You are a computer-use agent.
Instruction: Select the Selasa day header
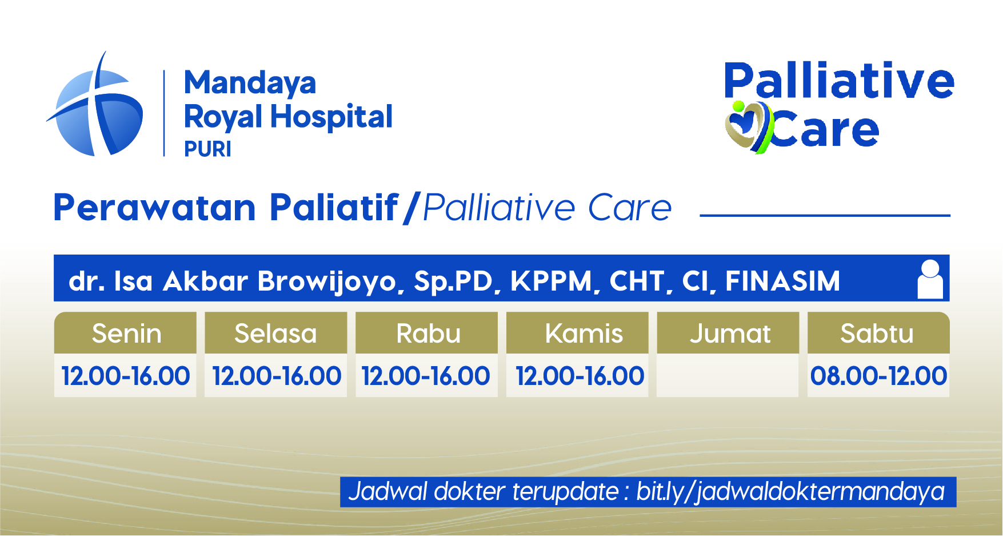(x=276, y=333)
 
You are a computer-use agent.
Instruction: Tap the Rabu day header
(x=427, y=333)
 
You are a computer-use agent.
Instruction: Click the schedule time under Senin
(x=126, y=376)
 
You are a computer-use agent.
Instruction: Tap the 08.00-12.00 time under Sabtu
(x=878, y=376)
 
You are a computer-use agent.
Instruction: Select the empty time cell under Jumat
(x=728, y=375)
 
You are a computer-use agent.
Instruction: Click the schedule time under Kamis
(x=580, y=376)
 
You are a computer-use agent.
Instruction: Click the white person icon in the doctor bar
(x=930, y=279)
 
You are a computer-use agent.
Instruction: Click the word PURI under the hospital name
(x=207, y=149)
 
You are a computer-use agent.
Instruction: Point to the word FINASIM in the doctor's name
(x=783, y=281)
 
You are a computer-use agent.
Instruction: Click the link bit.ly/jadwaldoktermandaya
(x=790, y=492)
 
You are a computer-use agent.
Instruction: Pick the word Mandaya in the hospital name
(x=250, y=84)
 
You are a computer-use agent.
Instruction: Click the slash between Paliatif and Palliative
(x=411, y=208)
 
